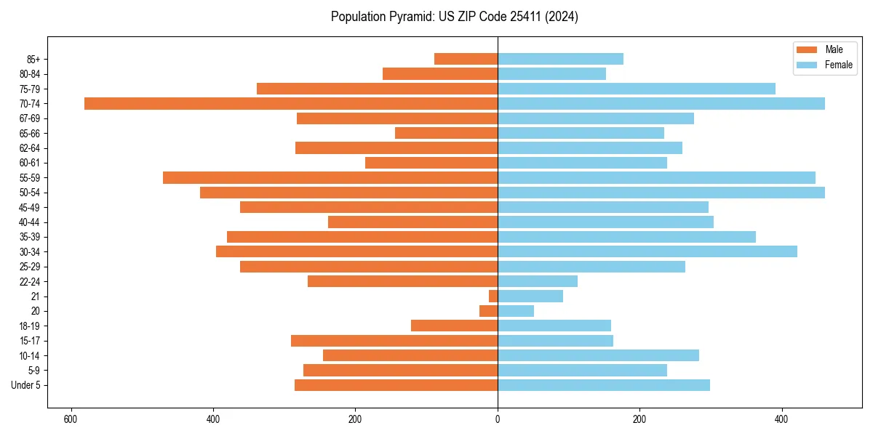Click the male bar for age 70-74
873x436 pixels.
[x=291, y=103]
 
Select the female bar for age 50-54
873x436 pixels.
[x=661, y=193]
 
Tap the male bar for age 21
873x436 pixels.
[x=493, y=296]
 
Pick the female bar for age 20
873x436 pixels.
[x=516, y=311]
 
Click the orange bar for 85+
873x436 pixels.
[x=466, y=59]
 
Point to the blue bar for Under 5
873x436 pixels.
[x=604, y=385]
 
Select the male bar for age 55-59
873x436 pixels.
[x=330, y=177]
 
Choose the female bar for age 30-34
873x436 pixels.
[x=647, y=251]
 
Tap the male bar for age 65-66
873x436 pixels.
[x=446, y=133]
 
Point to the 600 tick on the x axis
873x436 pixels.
[x=71, y=419]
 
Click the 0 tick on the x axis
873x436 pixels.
[x=498, y=419]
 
